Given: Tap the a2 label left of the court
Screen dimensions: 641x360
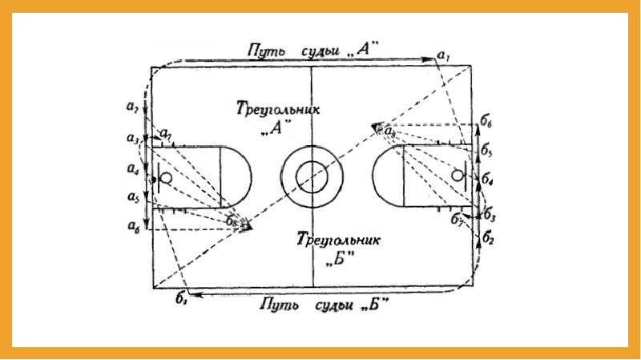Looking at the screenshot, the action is pyautogui.click(x=132, y=107).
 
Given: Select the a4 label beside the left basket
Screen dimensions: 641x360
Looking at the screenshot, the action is pyautogui.click(x=132, y=169).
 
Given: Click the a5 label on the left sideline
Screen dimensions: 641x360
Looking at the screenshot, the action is pyautogui.click(x=132, y=196).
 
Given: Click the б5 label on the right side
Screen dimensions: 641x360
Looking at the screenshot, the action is pyautogui.click(x=487, y=150).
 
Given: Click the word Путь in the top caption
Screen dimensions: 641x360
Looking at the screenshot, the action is pyautogui.click(x=264, y=51).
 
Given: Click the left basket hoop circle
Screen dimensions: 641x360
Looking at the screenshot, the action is pyautogui.click(x=166, y=176).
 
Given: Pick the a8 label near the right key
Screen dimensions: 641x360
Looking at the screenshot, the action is pyautogui.click(x=389, y=131).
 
